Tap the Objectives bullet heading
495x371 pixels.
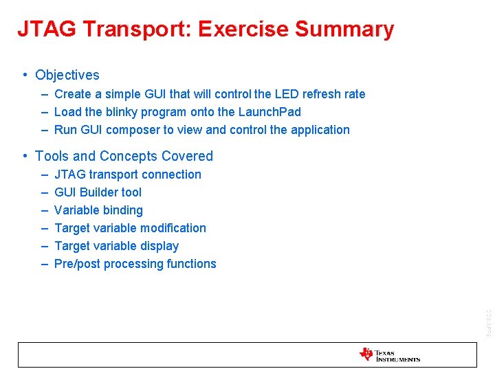point(67,76)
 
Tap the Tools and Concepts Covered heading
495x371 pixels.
point(124,156)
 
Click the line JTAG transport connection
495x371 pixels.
point(128,175)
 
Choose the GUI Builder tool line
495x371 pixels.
point(98,192)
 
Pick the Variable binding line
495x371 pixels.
point(98,210)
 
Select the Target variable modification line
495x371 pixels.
point(130,228)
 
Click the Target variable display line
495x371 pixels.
point(116,246)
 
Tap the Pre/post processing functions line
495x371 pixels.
point(135,264)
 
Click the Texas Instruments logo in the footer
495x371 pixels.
point(389,355)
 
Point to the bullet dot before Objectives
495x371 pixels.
point(25,75)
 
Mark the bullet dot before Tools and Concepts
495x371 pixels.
point(25,156)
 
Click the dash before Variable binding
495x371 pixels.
point(44,210)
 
